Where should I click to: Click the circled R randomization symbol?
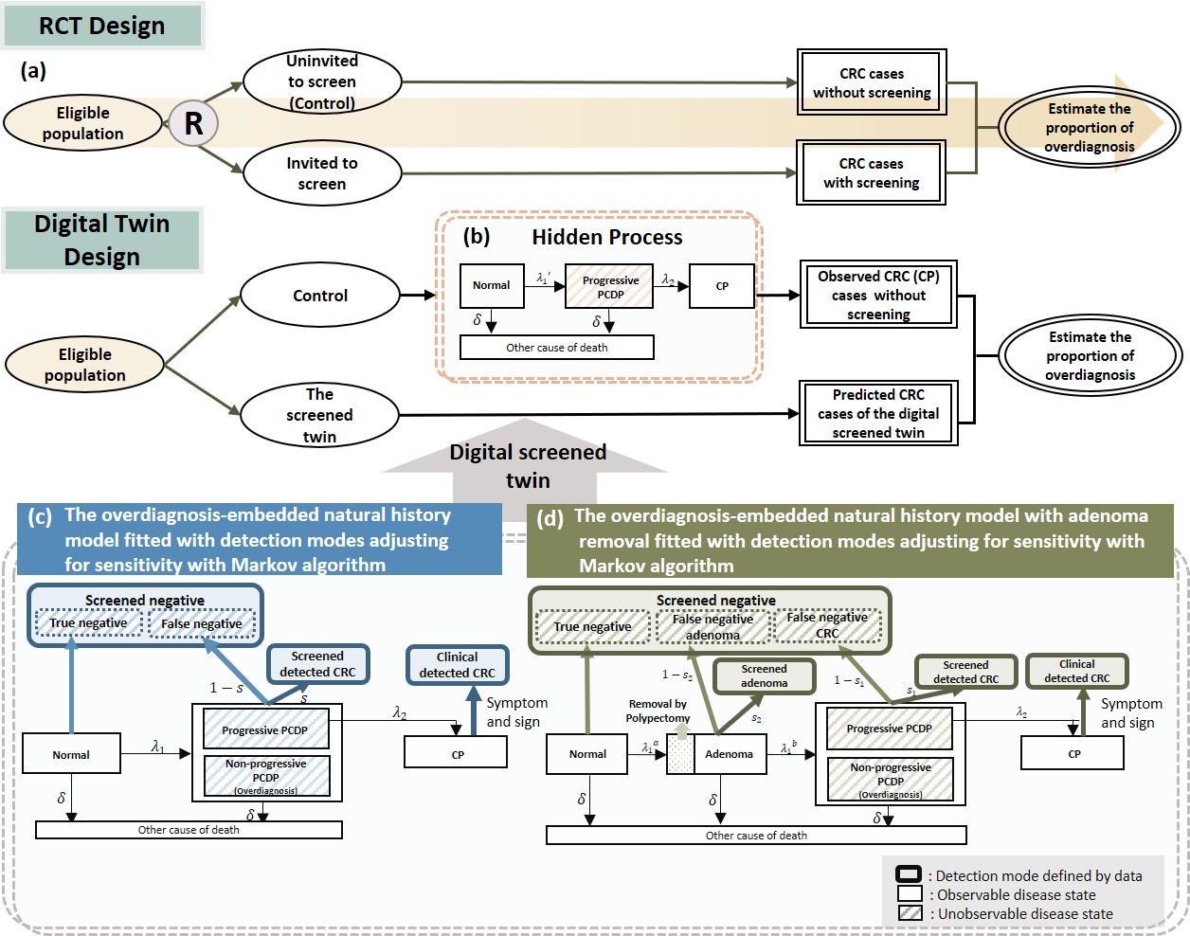tap(193, 123)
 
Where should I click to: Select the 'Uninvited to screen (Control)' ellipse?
tap(322, 81)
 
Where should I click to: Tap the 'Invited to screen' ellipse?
tap(322, 173)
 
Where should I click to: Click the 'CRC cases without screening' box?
tap(872, 82)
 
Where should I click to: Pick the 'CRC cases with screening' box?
tap(872, 172)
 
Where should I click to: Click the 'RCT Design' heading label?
tap(102, 26)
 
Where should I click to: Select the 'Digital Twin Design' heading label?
tap(102, 241)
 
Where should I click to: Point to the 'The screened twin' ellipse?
tap(319, 415)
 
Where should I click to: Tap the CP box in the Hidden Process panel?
tap(722, 286)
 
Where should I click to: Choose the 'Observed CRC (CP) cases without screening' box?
tap(878, 295)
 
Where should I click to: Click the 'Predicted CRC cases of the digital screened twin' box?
tap(878, 413)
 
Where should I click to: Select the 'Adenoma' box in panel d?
tap(730, 754)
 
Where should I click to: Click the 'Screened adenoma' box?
tap(764, 675)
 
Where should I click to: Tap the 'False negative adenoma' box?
tap(712, 626)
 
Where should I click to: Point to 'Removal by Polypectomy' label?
tap(658, 711)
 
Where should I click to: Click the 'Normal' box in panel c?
tap(71, 755)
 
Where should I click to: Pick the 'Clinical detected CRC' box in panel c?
tap(458, 665)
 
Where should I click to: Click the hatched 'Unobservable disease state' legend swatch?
tap(910, 913)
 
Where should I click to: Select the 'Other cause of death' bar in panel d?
tap(756, 836)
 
